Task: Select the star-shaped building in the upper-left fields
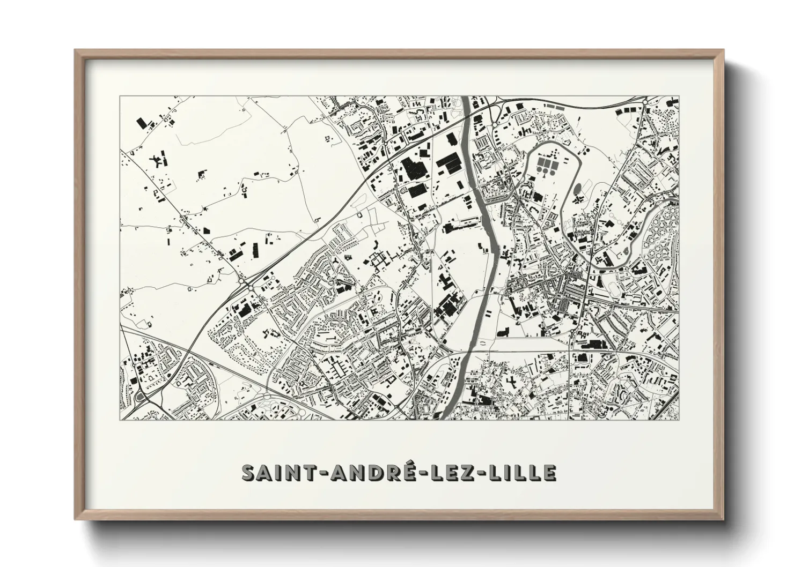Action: click(x=158, y=159)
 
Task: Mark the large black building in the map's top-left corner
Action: click(x=142, y=123)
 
